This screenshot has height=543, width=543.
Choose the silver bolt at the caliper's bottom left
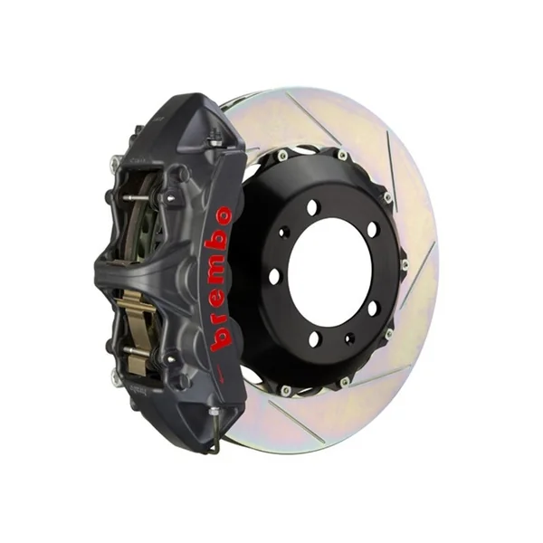[x=115, y=379]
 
